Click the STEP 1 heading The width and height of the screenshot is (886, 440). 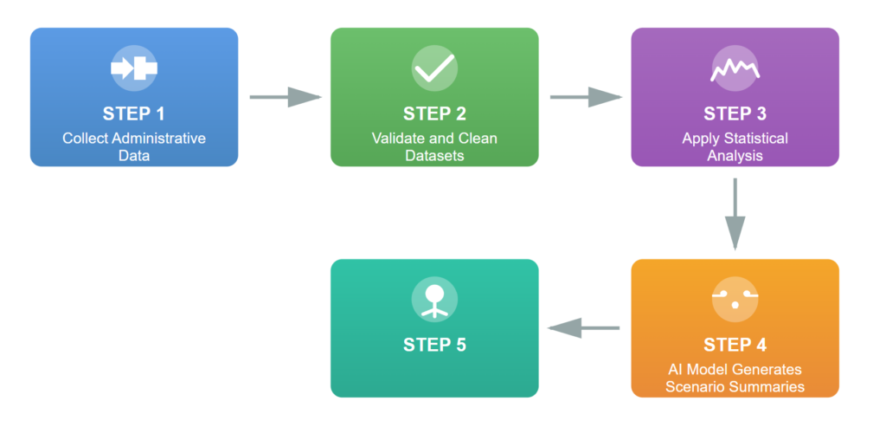tap(133, 113)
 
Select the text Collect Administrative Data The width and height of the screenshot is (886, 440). tap(133, 147)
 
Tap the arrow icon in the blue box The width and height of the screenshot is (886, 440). tap(133, 68)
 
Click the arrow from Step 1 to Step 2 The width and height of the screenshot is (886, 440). tap(285, 97)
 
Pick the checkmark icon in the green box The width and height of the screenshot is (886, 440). tap(434, 68)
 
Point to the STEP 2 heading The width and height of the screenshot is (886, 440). tap(434, 113)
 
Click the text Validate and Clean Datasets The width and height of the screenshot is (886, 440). tap(434, 147)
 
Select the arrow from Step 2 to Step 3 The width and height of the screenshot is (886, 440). tap(586, 97)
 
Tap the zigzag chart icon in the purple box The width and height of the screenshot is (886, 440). tap(735, 68)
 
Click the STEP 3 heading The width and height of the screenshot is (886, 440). tap(735, 113)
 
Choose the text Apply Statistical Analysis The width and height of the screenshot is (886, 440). tap(735, 147)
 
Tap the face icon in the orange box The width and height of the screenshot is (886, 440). tap(735, 300)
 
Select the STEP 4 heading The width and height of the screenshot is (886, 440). tap(735, 345)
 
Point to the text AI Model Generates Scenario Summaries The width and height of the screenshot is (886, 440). tap(735, 379)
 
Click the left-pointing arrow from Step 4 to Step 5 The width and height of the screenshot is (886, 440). tap(585, 328)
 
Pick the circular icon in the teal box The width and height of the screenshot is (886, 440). tap(434, 300)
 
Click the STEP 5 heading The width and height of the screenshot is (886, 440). tap(434, 345)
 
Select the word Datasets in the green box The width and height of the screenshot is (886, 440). tap(434, 156)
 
